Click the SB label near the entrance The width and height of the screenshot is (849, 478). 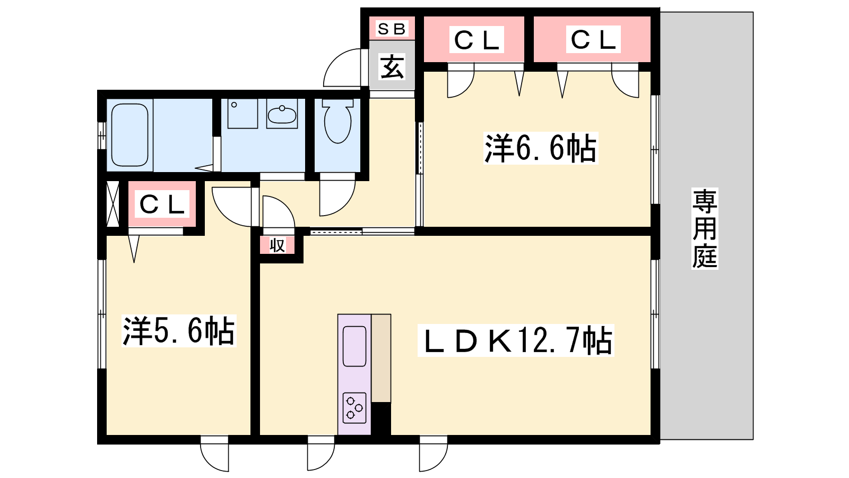[392, 29]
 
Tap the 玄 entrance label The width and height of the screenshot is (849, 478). [392, 67]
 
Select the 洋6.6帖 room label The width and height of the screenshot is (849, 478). [541, 148]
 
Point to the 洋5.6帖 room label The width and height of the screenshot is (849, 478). [178, 331]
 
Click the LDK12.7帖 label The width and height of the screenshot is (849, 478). [516, 340]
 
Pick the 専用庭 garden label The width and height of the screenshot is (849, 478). [705, 228]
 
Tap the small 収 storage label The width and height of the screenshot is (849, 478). [277, 245]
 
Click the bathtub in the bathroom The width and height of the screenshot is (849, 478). [129, 135]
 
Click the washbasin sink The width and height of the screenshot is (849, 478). [282, 114]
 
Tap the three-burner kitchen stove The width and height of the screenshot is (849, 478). [354, 408]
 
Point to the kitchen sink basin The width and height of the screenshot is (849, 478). [354, 346]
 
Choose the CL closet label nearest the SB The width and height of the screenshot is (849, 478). [477, 40]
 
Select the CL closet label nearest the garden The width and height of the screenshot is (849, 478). [593, 39]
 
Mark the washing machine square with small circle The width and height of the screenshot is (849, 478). [242, 114]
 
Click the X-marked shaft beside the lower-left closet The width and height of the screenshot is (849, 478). [112, 204]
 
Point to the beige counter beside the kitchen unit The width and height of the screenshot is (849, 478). [381, 358]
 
